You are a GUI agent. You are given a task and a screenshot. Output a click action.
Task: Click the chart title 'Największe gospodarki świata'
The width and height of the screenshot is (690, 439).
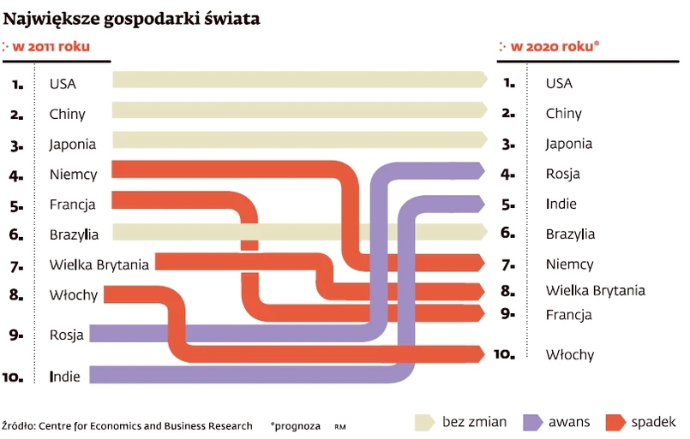point(132,18)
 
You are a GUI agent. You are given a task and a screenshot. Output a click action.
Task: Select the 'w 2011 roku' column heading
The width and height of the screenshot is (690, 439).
point(51,47)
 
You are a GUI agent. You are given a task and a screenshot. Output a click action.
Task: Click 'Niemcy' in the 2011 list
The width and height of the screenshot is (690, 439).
point(73,175)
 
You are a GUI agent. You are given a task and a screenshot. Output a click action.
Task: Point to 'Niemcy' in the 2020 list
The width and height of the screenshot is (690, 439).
point(569,264)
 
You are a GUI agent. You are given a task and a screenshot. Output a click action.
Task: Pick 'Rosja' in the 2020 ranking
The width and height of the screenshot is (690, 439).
point(562,174)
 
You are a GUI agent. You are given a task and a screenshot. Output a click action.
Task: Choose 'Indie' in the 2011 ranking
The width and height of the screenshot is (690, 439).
point(65,376)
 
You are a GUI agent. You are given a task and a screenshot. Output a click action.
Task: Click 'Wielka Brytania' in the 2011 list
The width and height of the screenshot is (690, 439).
point(99,265)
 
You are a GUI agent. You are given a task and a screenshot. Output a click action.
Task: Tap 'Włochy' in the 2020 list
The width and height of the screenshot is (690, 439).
point(569,354)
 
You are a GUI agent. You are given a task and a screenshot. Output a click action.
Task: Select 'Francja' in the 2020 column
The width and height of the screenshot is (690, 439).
point(568,314)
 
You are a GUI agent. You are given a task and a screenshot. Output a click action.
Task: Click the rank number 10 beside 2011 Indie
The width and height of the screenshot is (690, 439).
point(15,376)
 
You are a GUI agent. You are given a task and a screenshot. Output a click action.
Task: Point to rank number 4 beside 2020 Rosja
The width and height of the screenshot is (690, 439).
point(508,174)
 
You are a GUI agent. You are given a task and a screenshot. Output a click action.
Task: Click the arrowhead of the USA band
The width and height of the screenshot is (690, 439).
point(483,80)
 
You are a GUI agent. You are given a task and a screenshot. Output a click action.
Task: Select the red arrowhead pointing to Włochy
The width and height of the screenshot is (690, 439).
point(481,353)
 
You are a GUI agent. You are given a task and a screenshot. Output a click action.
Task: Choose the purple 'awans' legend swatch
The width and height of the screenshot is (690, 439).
point(532,422)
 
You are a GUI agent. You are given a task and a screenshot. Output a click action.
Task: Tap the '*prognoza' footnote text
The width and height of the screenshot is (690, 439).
point(295,425)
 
